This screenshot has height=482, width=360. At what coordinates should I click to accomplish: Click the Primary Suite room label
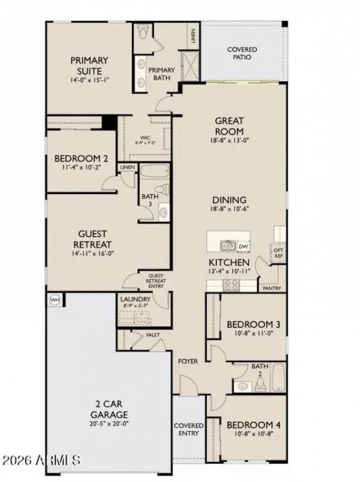pyautogui.click(x=90, y=66)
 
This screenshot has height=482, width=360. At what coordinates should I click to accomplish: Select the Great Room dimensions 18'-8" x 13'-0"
pyautogui.click(x=229, y=141)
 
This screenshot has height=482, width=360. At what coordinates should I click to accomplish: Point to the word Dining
pyautogui.click(x=229, y=199)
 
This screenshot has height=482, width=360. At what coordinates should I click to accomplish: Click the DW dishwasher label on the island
pyautogui.click(x=243, y=246)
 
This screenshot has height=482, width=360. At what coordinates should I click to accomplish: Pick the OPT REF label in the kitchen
pyautogui.click(x=279, y=252)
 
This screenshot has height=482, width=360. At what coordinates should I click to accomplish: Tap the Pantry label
pyautogui.click(x=272, y=289)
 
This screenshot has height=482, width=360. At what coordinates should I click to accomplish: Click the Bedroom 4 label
pyautogui.click(x=253, y=425)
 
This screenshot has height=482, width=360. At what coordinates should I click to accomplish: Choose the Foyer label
pyautogui.click(x=187, y=361)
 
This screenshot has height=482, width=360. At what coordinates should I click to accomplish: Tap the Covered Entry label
pyautogui.click(x=189, y=429)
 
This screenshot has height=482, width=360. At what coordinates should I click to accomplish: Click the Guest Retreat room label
pyautogui.click(x=93, y=239)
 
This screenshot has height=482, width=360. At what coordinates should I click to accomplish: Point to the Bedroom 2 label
pyautogui.click(x=81, y=159)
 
